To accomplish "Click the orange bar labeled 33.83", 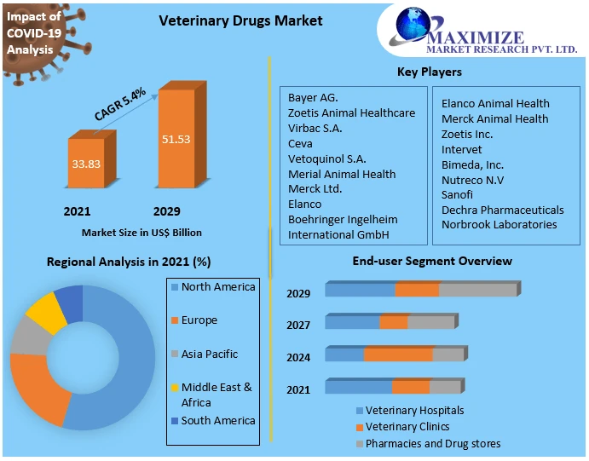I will [x=84, y=164].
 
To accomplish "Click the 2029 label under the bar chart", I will [x=166, y=211].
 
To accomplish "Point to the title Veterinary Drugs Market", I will [x=241, y=20].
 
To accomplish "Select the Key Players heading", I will [x=430, y=72].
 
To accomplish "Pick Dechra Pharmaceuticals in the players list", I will [x=502, y=210].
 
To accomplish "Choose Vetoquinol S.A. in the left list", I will [x=326, y=158].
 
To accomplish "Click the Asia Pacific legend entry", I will [x=209, y=354].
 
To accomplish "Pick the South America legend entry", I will [x=217, y=420].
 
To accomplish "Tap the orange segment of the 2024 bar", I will [x=398, y=354].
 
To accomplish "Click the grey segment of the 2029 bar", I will [x=477, y=290].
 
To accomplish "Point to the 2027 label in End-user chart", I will [x=298, y=325].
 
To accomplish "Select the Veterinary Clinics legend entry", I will [x=407, y=426].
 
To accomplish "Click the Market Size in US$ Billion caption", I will [x=141, y=232].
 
